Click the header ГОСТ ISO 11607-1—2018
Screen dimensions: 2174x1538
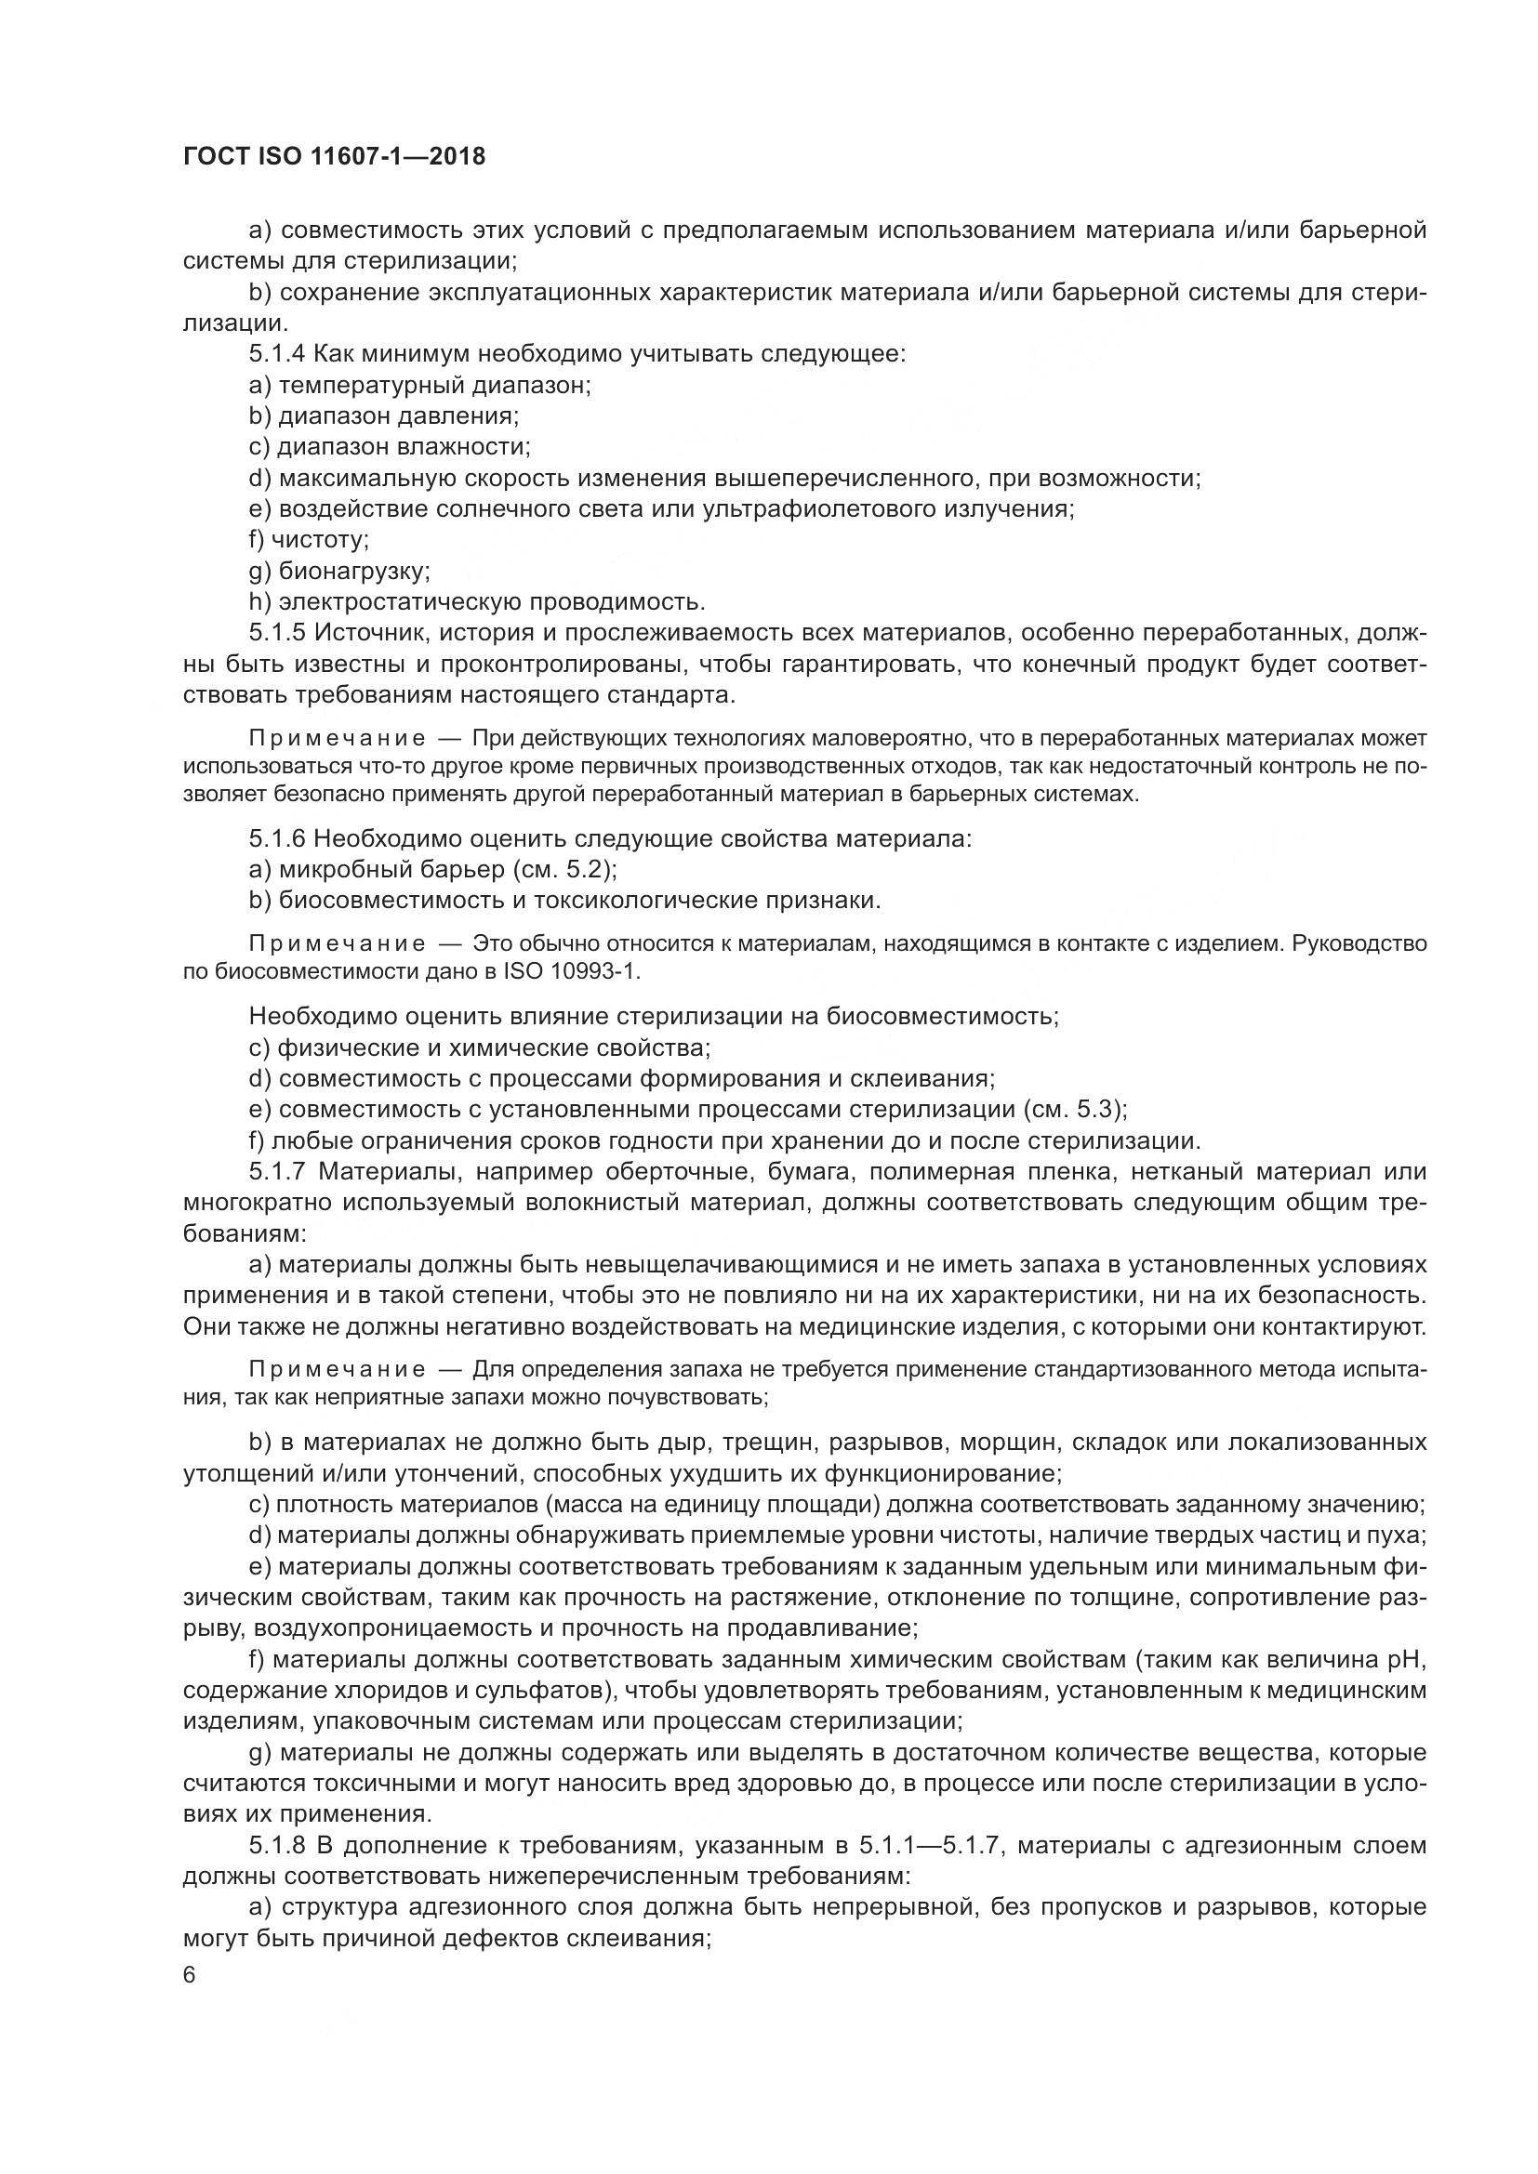click(334, 156)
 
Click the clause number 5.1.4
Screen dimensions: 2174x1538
click(277, 354)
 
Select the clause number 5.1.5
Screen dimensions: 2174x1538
click(277, 633)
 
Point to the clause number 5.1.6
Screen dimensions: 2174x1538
click(277, 839)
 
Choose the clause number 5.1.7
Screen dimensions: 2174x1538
click(277, 1172)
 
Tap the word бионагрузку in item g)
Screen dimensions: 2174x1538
click(355, 571)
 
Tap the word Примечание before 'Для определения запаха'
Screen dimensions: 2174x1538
click(338, 1370)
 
